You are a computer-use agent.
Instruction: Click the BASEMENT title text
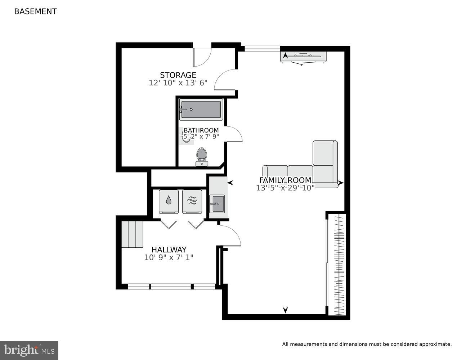point(35,11)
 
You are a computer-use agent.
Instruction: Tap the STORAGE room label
point(178,75)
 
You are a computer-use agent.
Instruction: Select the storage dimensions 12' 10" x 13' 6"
point(178,83)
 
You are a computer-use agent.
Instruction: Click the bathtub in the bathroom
point(201,109)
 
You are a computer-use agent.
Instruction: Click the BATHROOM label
point(201,130)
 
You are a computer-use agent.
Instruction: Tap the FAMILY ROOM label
point(285,180)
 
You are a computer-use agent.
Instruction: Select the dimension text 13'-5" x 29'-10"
point(285,188)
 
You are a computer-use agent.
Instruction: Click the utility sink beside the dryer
point(217,204)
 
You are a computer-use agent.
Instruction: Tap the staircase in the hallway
point(132,234)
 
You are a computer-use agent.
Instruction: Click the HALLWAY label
point(169,249)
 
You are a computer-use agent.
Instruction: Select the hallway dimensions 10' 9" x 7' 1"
point(169,257)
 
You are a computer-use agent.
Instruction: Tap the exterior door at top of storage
point(202,57)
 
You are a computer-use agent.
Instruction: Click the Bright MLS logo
point(29,350)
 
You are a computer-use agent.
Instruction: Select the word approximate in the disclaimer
point(435,344)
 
